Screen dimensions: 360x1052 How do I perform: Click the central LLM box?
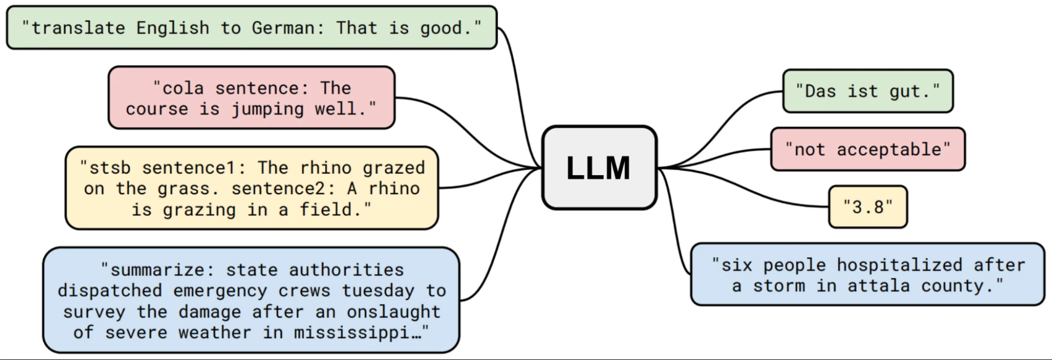[599, 168]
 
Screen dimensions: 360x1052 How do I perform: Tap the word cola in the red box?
[183, 88]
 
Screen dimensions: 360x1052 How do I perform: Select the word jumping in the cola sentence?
[267, 109]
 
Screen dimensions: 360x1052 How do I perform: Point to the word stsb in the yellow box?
[109, 168]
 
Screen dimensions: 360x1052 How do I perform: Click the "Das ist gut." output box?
[868, 92]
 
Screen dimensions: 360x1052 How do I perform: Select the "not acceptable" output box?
[868, 149]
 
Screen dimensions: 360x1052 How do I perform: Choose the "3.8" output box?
[868, 207]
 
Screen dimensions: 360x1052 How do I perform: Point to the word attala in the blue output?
[878, 286]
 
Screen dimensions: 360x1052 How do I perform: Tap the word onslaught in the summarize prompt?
[393, 312]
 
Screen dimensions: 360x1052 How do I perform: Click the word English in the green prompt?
[173, 28]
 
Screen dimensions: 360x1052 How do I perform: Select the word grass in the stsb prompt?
[183, 189]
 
